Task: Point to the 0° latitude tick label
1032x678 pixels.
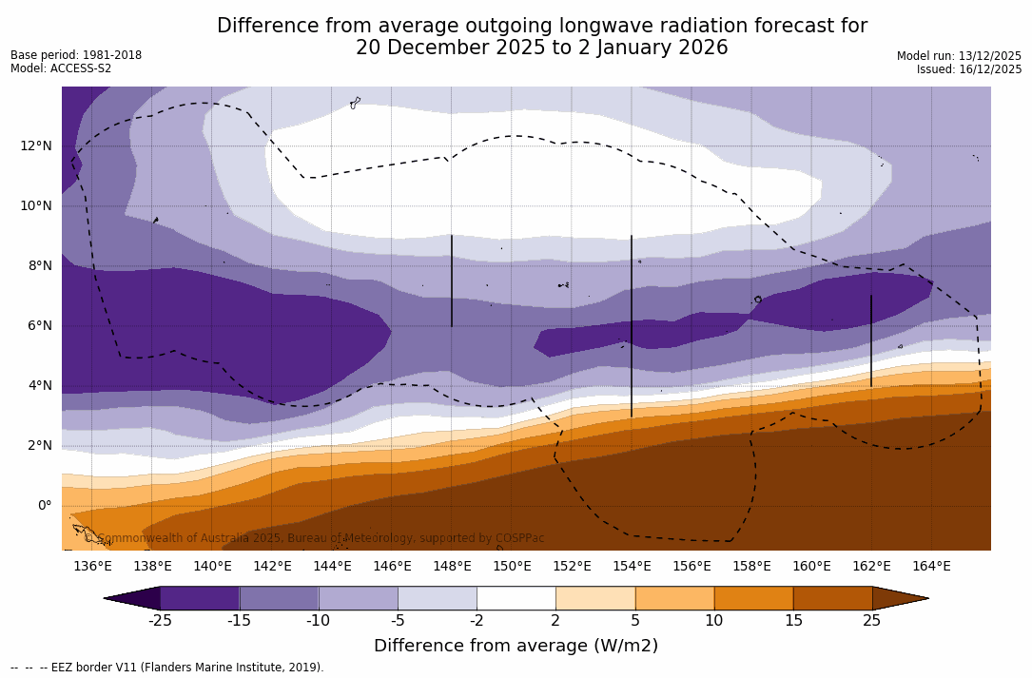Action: point(44,505)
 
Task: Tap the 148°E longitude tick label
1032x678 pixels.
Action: point(452,566)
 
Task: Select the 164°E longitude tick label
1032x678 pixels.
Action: point(931,566)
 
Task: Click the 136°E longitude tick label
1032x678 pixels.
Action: point(92,566)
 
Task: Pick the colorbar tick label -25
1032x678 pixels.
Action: point(160,621)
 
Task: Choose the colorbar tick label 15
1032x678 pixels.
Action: point(792,621)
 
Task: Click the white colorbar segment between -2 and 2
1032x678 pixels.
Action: point(516,598)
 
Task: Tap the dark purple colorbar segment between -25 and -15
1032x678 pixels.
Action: point(200,598)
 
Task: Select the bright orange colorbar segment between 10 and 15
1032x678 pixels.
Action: point(753,598)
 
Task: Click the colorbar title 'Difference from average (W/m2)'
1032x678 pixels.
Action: point(516,646)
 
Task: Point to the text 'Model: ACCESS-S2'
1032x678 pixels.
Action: point(61,68)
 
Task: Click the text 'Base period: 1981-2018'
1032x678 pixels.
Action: point(76,55)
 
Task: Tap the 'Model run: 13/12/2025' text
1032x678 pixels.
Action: point(959,56)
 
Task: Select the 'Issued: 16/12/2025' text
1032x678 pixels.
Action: point(969,69)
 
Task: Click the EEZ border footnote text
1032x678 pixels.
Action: point(166,668)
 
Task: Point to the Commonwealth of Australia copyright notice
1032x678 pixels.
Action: point(314,538)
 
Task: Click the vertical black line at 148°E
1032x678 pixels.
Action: point(452,281)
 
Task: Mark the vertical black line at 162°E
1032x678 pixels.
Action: point(871,340)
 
